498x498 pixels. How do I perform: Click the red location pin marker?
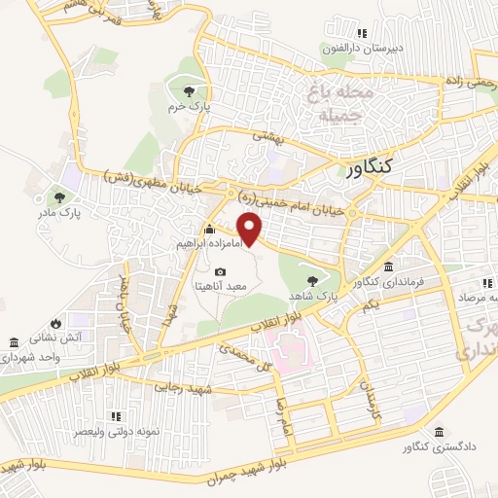tap(252, 230)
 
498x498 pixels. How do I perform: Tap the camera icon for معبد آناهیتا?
tap(220, 271)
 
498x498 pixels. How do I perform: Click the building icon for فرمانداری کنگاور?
tap(388, 267)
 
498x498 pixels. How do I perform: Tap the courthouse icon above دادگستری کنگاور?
tap(440, 432)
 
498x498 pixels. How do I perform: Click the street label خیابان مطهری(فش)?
tap(150, 179)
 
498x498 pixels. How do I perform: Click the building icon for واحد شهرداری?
tap(14, 343)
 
